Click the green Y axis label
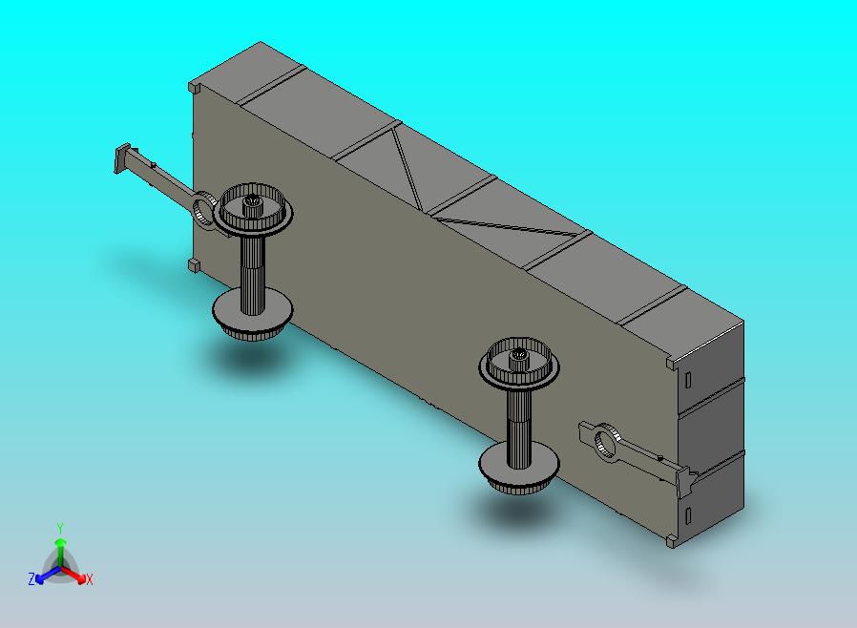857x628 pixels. tap(60, 529)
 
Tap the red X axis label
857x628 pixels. tap(89, 579)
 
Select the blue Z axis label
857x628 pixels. tap(31, 578)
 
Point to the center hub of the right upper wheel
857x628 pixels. tap(518, 358)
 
